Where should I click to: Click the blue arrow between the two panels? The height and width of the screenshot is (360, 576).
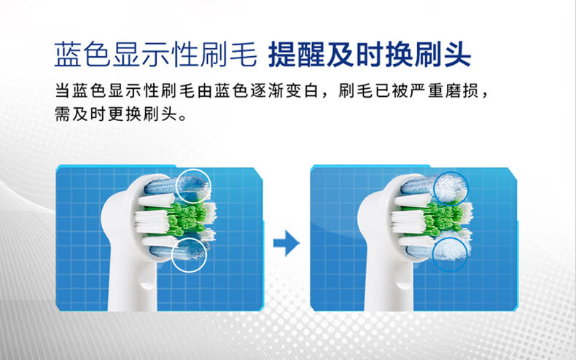pyautogui.click(x=287, y=243)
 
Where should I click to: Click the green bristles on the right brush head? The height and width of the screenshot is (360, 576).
pyautogui.click(x=442, y=219)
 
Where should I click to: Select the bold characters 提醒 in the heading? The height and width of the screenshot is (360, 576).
pyautogui.click(x=297, y=55)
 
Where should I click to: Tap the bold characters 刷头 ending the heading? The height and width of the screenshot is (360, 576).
pyautogui.click(x=443, y=55)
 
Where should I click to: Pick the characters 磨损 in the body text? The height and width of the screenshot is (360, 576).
pyautogui.click(x=462, y=91)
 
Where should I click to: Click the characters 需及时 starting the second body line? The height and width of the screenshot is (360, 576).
pyautogui.click(x=80, y=114)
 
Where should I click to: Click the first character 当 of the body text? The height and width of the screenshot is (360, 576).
pyautogui.click(x=62, y=91)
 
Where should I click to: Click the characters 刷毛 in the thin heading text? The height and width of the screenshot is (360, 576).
pyautogui.click(x=228, y=55)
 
